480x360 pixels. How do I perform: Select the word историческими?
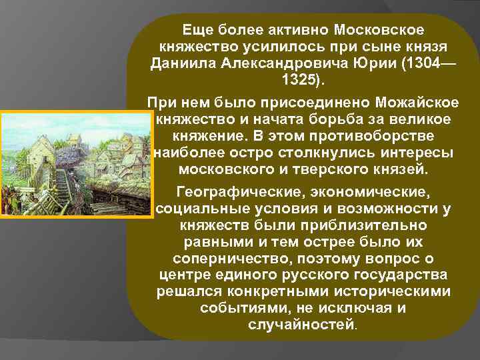[401, 292]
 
